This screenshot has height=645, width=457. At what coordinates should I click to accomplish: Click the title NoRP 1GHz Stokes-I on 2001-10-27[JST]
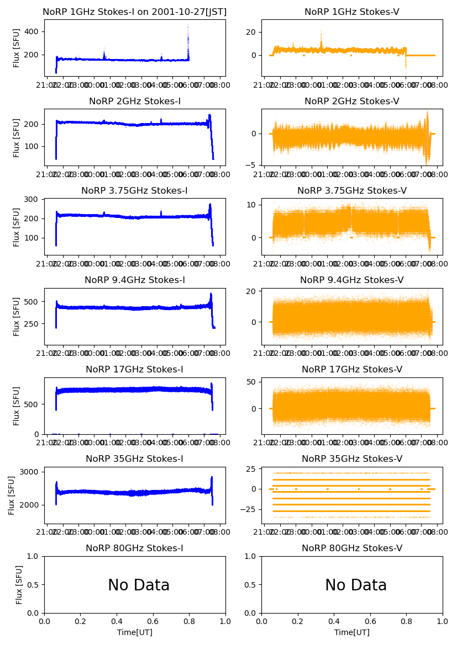(x=135, y=12)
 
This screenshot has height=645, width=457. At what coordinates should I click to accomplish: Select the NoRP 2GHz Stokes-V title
(x=352, y=102)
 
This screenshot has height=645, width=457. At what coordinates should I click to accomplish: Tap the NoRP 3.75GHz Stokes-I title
(x=135, y=191)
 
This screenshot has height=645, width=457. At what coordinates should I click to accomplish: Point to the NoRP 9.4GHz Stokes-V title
(x=352, y=280)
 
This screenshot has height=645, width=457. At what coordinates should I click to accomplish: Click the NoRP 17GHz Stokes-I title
(x=135, y=370)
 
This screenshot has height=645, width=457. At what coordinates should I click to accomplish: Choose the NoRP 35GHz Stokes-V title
(x=352, y=459)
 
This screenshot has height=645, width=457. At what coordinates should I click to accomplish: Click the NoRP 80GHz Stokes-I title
(x=135, y=548)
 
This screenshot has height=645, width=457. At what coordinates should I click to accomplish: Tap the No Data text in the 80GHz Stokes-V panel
(x=356, y=585)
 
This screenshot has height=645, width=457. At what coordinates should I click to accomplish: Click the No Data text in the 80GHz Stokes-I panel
(x=139, y=585)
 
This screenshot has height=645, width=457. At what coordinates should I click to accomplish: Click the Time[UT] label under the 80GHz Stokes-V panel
(x=352, y=632)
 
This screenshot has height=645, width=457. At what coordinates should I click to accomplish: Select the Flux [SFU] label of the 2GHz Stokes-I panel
(x=17, y=137)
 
